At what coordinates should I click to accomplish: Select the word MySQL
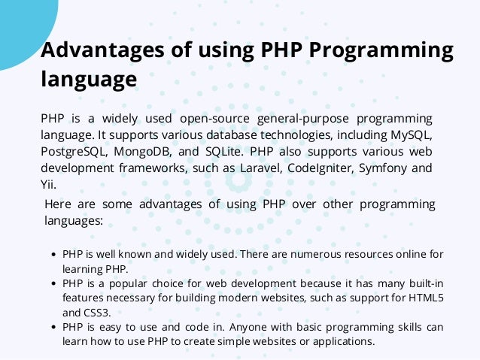tap(406, 135)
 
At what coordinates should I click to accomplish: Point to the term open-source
tap(214, 119)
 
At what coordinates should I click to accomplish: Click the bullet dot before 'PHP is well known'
tap(54, 255)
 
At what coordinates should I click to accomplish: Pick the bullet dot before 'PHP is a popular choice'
tap(54, 284)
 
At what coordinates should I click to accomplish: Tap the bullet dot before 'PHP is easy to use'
tap(54, 328)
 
